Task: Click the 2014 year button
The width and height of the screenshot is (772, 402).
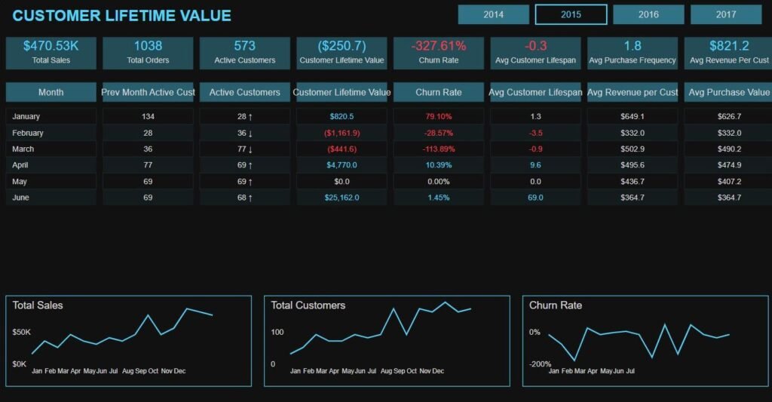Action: pos(493,14)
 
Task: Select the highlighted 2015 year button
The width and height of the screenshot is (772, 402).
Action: pos(571,14)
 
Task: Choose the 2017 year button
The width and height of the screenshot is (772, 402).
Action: pos(726,14)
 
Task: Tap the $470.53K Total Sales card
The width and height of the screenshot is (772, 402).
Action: pos(51,53)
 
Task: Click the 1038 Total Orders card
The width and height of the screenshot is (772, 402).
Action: pos(148,53)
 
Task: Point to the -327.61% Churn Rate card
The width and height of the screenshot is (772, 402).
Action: pos(439,53)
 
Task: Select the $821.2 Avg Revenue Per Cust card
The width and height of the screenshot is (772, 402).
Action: pos(729,53)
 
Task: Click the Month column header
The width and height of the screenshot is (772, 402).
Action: pos(51,92)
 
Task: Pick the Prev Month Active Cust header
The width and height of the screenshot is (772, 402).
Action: pos(148,92)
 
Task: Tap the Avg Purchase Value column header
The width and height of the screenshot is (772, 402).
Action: pos(729,92)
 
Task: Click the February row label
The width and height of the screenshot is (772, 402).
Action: pos(28,133)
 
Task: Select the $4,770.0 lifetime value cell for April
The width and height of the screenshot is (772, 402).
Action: pos(342,165)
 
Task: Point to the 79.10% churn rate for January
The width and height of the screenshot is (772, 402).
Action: pos(439,117)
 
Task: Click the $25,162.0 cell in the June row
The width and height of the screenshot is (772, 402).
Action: pos(342,198)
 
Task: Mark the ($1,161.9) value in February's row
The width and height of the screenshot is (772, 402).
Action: pos(342,133)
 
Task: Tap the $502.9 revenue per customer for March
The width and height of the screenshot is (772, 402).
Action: pos(633,149)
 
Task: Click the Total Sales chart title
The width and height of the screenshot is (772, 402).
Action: pos(38,305)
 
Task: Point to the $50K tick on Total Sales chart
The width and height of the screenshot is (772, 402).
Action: pos(21,332)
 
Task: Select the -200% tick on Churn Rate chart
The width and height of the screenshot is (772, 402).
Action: pos(540,364)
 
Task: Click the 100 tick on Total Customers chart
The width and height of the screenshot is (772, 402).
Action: pos(277,332)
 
